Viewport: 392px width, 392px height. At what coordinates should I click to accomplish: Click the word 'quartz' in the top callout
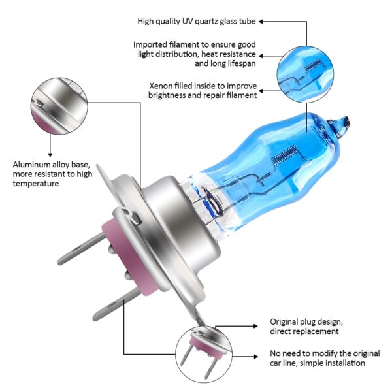200,22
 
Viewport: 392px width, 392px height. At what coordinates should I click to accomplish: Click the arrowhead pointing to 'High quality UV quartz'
261,22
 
